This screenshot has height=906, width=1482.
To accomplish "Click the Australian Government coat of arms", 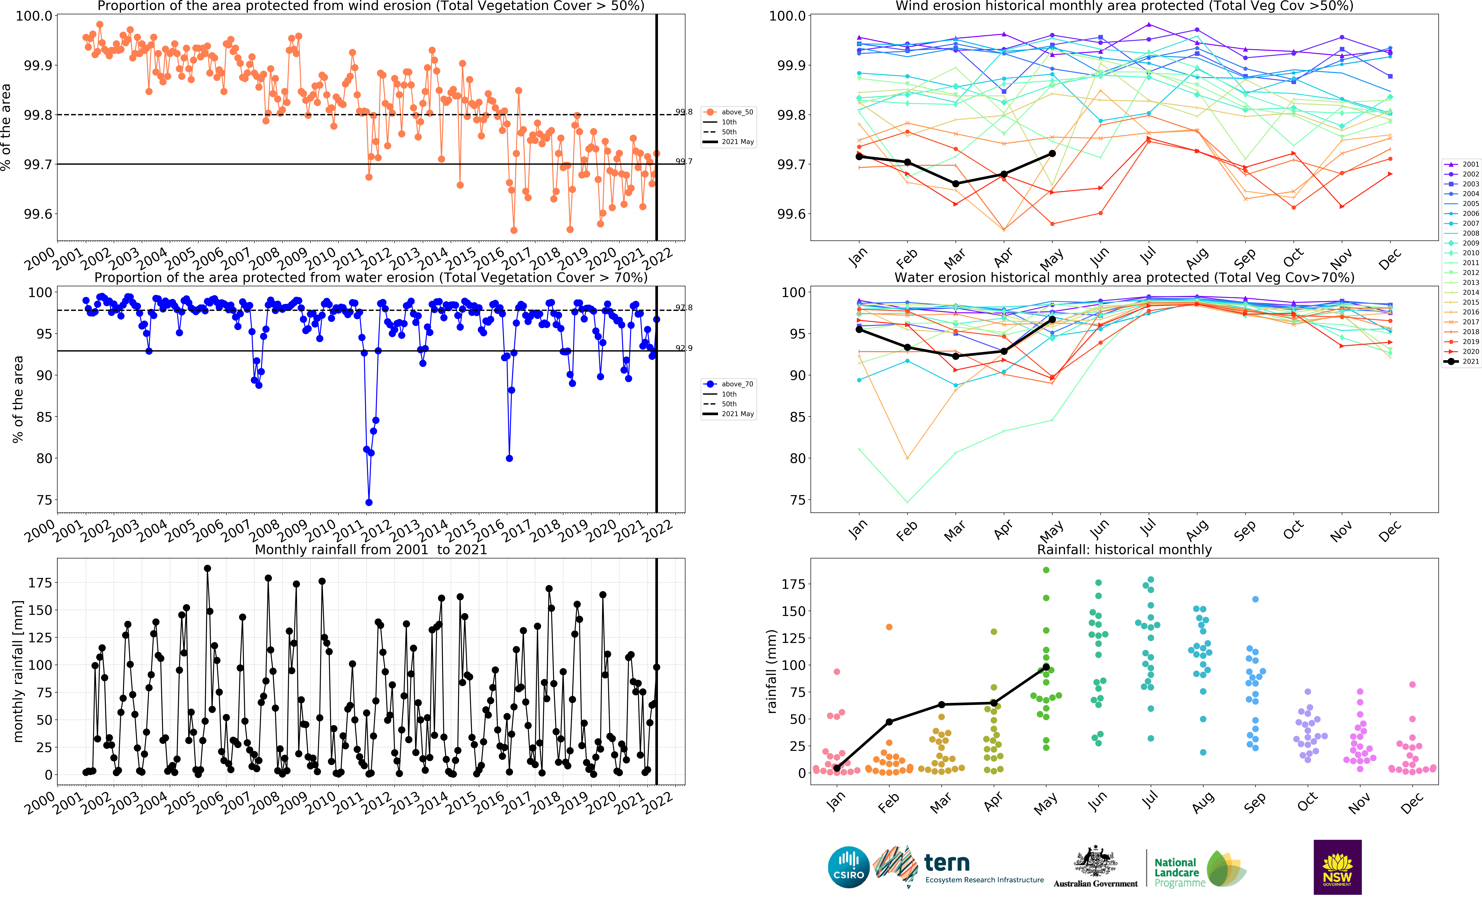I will click(x=1095, y=861).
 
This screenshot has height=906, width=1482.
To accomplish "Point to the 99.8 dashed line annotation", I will click(x=684, y=112).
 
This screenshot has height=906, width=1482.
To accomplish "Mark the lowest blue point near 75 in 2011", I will click(x=369, y=502).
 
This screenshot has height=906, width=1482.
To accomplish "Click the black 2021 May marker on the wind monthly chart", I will click(x=1052, y=153).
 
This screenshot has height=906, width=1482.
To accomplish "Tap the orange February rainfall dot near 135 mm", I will click(x=889, y=627).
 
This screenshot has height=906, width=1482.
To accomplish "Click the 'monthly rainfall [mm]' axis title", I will click(x=18, y=671).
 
